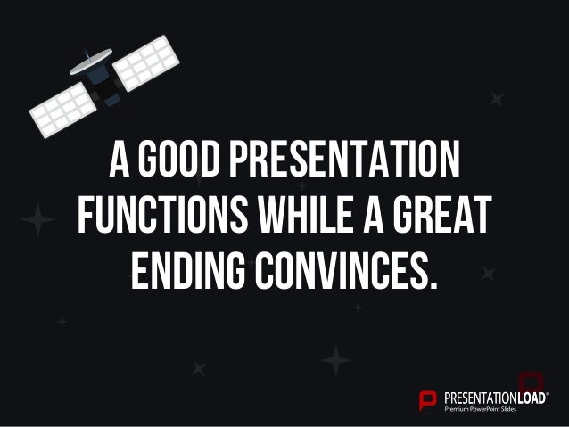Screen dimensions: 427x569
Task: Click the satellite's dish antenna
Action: pyautogui.click(x=91, y=62)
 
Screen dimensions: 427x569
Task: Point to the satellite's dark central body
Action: pyautogui.click(x=106, y=87)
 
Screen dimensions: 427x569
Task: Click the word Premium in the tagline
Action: pyautogui.click(x=458, y=409)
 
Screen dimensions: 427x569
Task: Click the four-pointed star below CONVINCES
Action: pyautogui.click(x=336, y=360)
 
